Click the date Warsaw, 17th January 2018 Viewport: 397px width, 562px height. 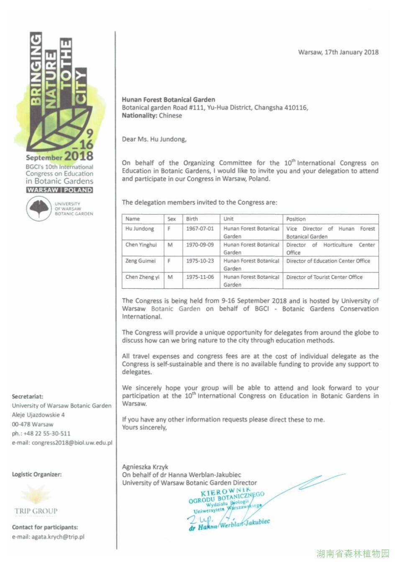(338, 52)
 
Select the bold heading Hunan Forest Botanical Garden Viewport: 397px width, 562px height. (168, 100)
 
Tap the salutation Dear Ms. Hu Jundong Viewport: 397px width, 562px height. (154, 139)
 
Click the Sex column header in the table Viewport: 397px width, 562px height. (172, 219)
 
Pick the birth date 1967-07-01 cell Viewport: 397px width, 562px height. (200, 229)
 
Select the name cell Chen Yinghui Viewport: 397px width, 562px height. (141, 245)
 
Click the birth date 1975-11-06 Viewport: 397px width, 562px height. (200, 277)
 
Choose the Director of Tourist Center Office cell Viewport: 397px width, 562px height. (324, 277)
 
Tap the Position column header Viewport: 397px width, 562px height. (296, 219)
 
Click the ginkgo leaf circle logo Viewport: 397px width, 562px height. (38, 208)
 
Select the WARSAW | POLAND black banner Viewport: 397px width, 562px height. (59, 190)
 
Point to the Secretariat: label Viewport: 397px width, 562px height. (28, 396)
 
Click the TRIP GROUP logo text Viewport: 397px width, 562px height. (36, 511)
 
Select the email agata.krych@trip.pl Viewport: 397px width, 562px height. (58, 536)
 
